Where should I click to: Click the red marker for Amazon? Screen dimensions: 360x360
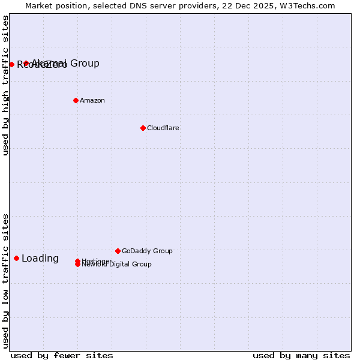76,100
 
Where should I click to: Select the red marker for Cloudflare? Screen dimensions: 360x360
143,128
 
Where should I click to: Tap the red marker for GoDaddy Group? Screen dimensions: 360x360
118,251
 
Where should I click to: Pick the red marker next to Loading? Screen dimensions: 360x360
16,258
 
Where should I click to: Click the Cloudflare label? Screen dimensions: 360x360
163,128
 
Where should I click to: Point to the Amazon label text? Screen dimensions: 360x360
92,100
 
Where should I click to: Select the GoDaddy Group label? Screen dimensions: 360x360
147,251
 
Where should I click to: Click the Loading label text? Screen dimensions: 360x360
40,259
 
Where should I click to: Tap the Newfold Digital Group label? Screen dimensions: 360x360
117,265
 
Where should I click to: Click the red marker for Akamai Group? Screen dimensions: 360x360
26,63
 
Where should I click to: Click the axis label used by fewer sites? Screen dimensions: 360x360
62,355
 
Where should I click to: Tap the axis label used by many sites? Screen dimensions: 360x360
301,355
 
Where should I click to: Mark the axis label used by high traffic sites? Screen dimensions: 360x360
5,85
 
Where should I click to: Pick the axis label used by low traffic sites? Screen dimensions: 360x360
5,281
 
